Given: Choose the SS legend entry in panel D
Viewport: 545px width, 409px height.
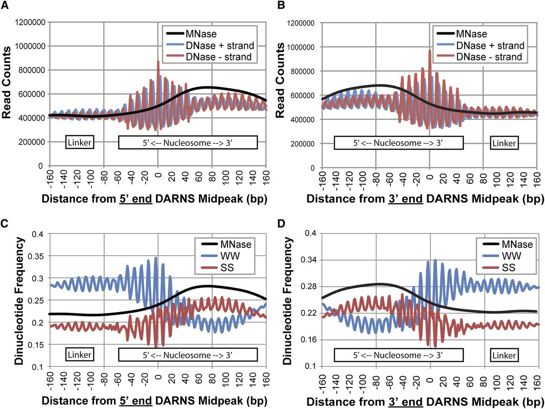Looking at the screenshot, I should click(508, 267).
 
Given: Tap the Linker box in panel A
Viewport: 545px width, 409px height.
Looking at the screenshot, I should click(80, 142).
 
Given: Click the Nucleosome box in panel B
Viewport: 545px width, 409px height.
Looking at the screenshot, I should click(398, 143).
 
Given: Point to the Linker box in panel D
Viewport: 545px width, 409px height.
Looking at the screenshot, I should click(504, 355).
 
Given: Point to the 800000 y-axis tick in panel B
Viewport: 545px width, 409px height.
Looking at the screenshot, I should click(303, 71).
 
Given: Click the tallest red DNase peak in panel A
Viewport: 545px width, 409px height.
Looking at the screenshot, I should click(158, 62).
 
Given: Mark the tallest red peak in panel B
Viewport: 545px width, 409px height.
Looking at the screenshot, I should click(430, 51).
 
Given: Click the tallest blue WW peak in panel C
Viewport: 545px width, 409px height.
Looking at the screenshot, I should click(156, 258).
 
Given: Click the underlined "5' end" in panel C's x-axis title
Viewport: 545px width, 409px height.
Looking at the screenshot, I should click(135, 401).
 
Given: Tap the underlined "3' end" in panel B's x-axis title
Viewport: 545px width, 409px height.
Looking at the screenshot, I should click(405, 198).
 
